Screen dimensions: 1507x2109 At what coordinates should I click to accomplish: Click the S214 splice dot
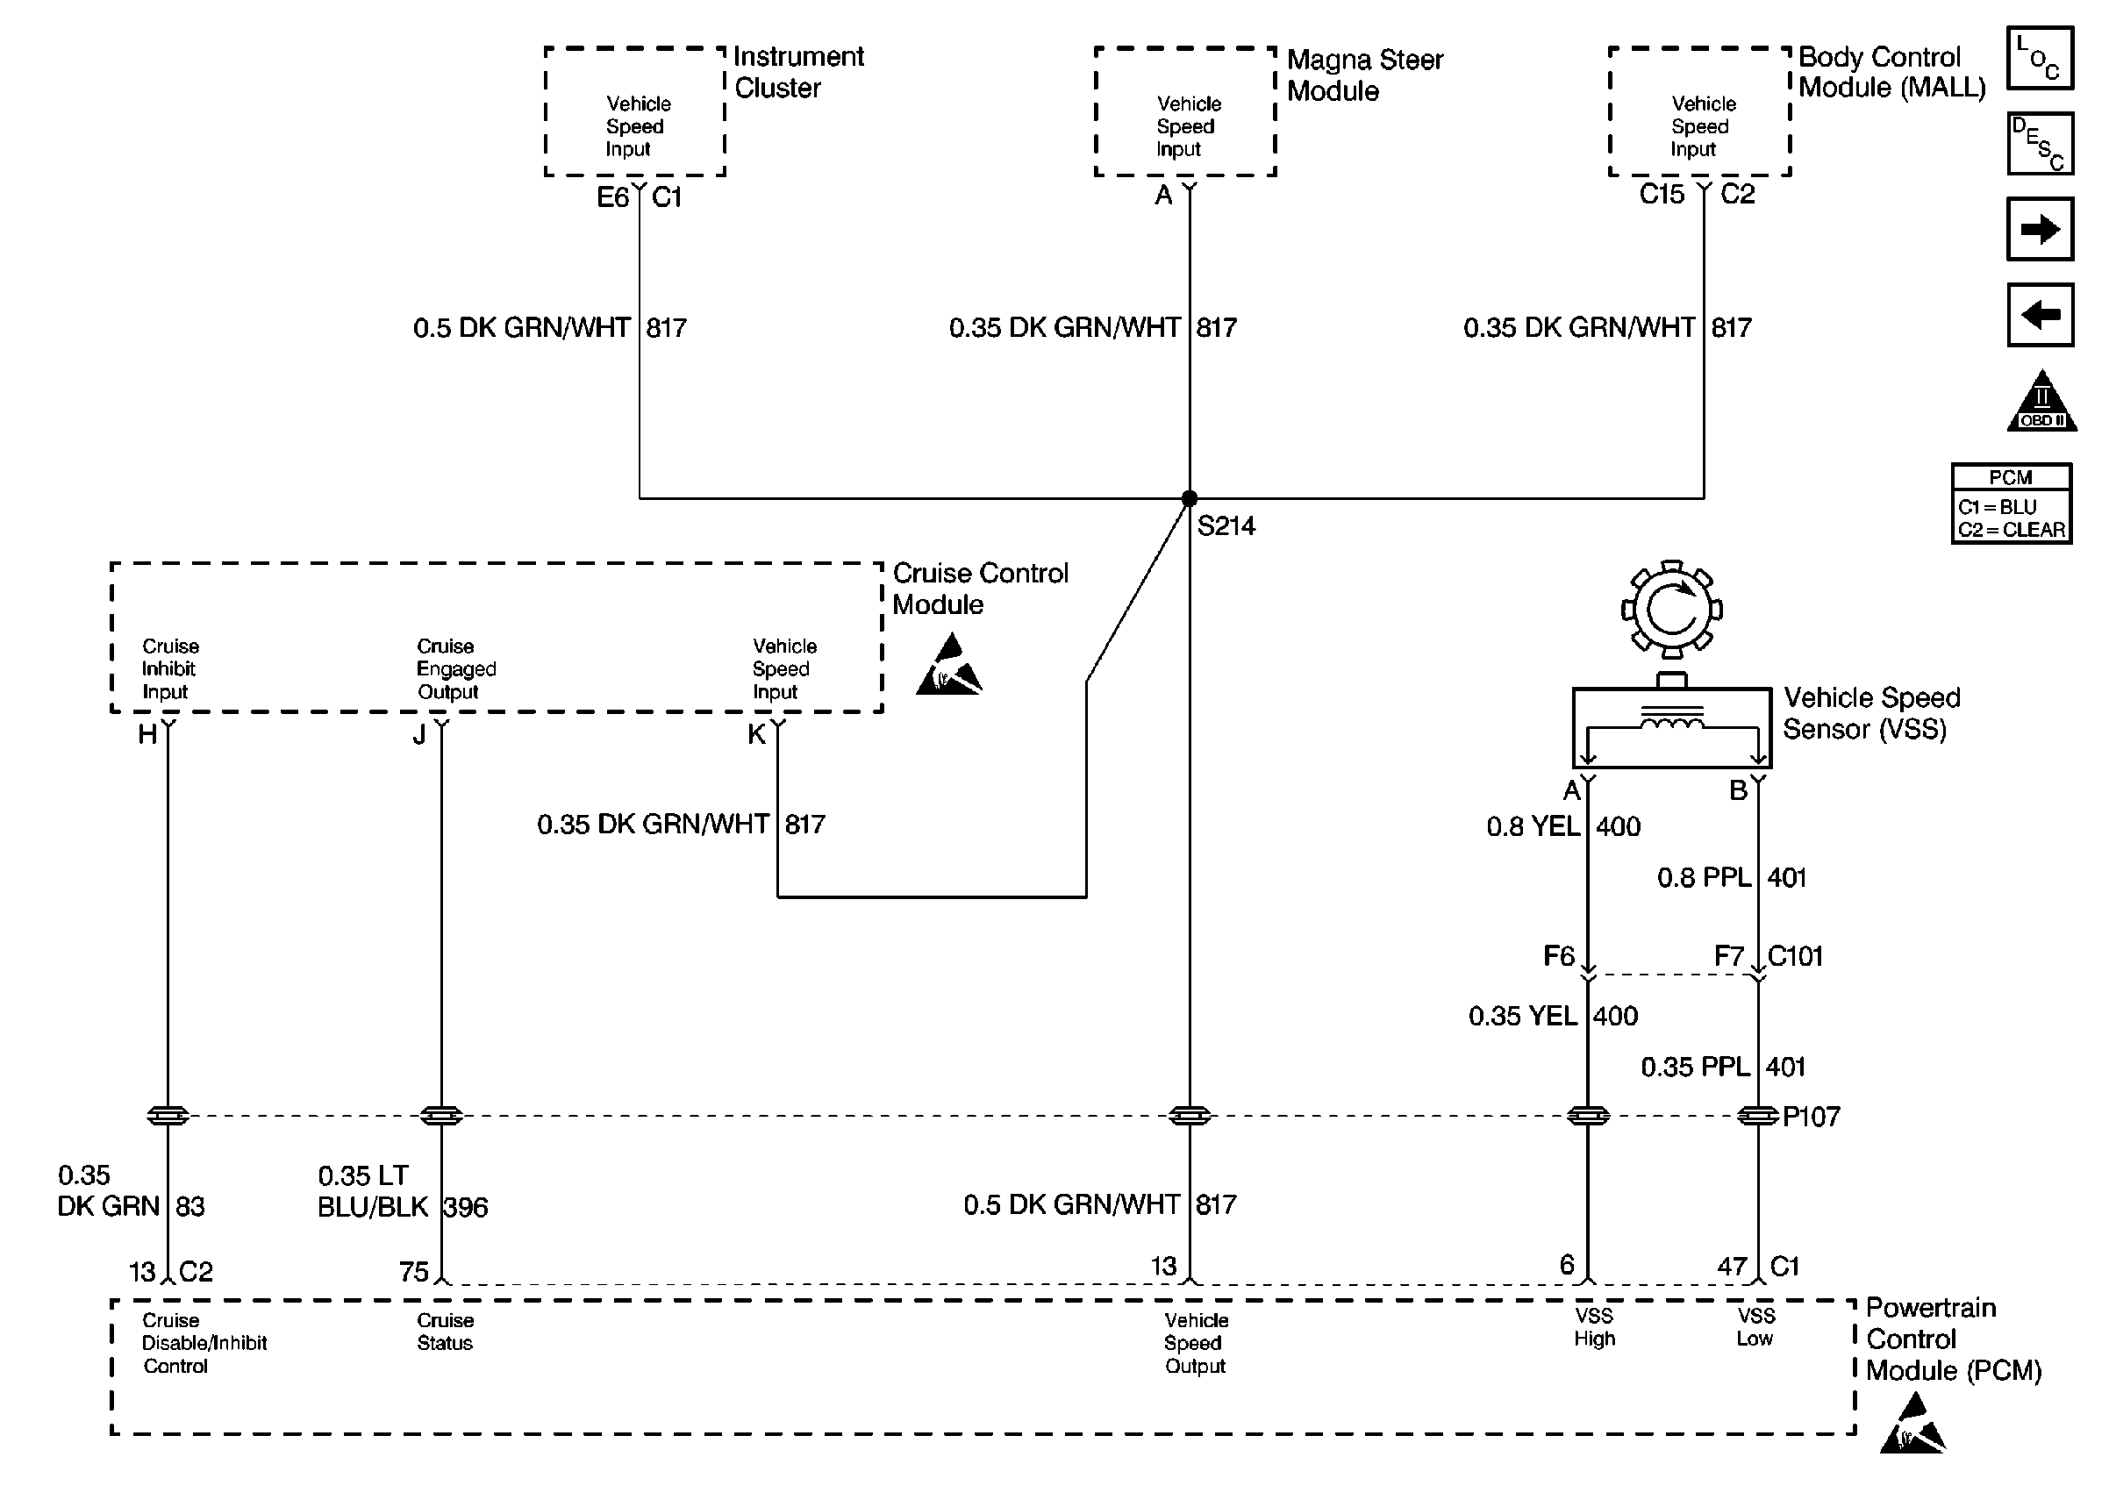pos(1190,498)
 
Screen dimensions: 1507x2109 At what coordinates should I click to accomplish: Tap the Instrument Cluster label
pos(798,73)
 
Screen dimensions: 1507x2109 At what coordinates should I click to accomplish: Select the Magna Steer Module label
pos(1364,75)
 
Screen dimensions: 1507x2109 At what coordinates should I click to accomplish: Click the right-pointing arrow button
pos(2040,229)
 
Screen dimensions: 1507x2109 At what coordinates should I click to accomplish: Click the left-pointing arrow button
pos(2040,315)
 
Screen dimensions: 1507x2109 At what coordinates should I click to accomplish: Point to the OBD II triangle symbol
pos(2041,404)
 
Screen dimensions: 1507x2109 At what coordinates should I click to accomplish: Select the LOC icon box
pos(2040,59)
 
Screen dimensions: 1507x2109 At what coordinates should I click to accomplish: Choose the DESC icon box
pos(2040,144)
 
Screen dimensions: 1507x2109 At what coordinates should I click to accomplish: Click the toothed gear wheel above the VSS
pos(1671,609)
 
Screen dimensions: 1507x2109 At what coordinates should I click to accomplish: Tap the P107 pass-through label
pos(1811,1117)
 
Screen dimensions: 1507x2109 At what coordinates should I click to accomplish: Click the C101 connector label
pos(1796,956)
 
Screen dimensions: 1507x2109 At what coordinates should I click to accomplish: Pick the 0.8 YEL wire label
pos(1533,827)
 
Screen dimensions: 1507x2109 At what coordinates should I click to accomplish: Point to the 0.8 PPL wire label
pos(1704,878)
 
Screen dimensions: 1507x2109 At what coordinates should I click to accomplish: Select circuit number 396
pos(466,1207)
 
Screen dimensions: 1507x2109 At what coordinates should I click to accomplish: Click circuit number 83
pos(190,1206)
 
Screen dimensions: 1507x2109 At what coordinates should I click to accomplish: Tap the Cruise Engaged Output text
pos(455,669)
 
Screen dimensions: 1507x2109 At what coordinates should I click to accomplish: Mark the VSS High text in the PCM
pos(1594,1327)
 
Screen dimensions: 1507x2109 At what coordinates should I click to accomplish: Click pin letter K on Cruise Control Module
pos(756,735)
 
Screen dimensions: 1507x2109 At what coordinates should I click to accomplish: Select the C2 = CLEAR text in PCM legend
pos(2011,530)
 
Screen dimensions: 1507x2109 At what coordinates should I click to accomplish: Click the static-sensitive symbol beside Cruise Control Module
pos(948,666)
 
